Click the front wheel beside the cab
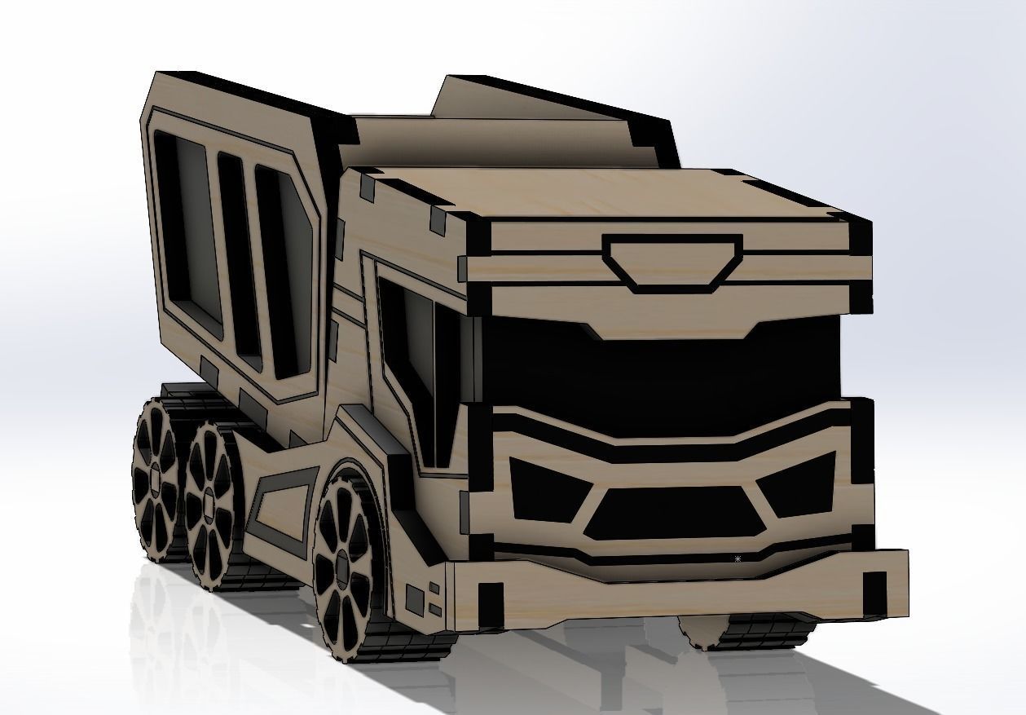click(346, 563)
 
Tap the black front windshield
click(660, 367)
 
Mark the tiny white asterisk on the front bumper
click(738, 558)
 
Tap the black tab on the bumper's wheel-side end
click(491, 602)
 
